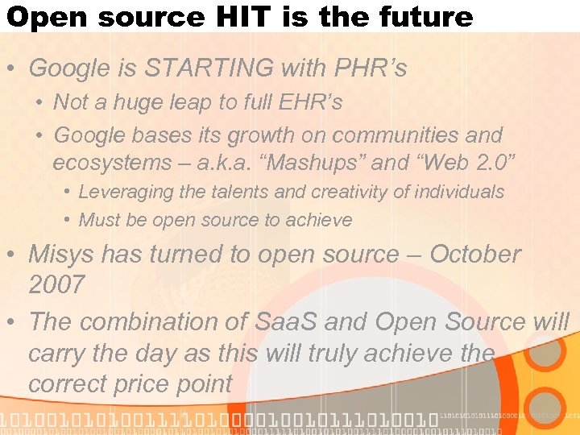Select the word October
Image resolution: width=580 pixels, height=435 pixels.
(475, 254)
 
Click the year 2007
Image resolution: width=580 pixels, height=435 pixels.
(56, 284)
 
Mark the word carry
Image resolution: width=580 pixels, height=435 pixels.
(56, 354)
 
